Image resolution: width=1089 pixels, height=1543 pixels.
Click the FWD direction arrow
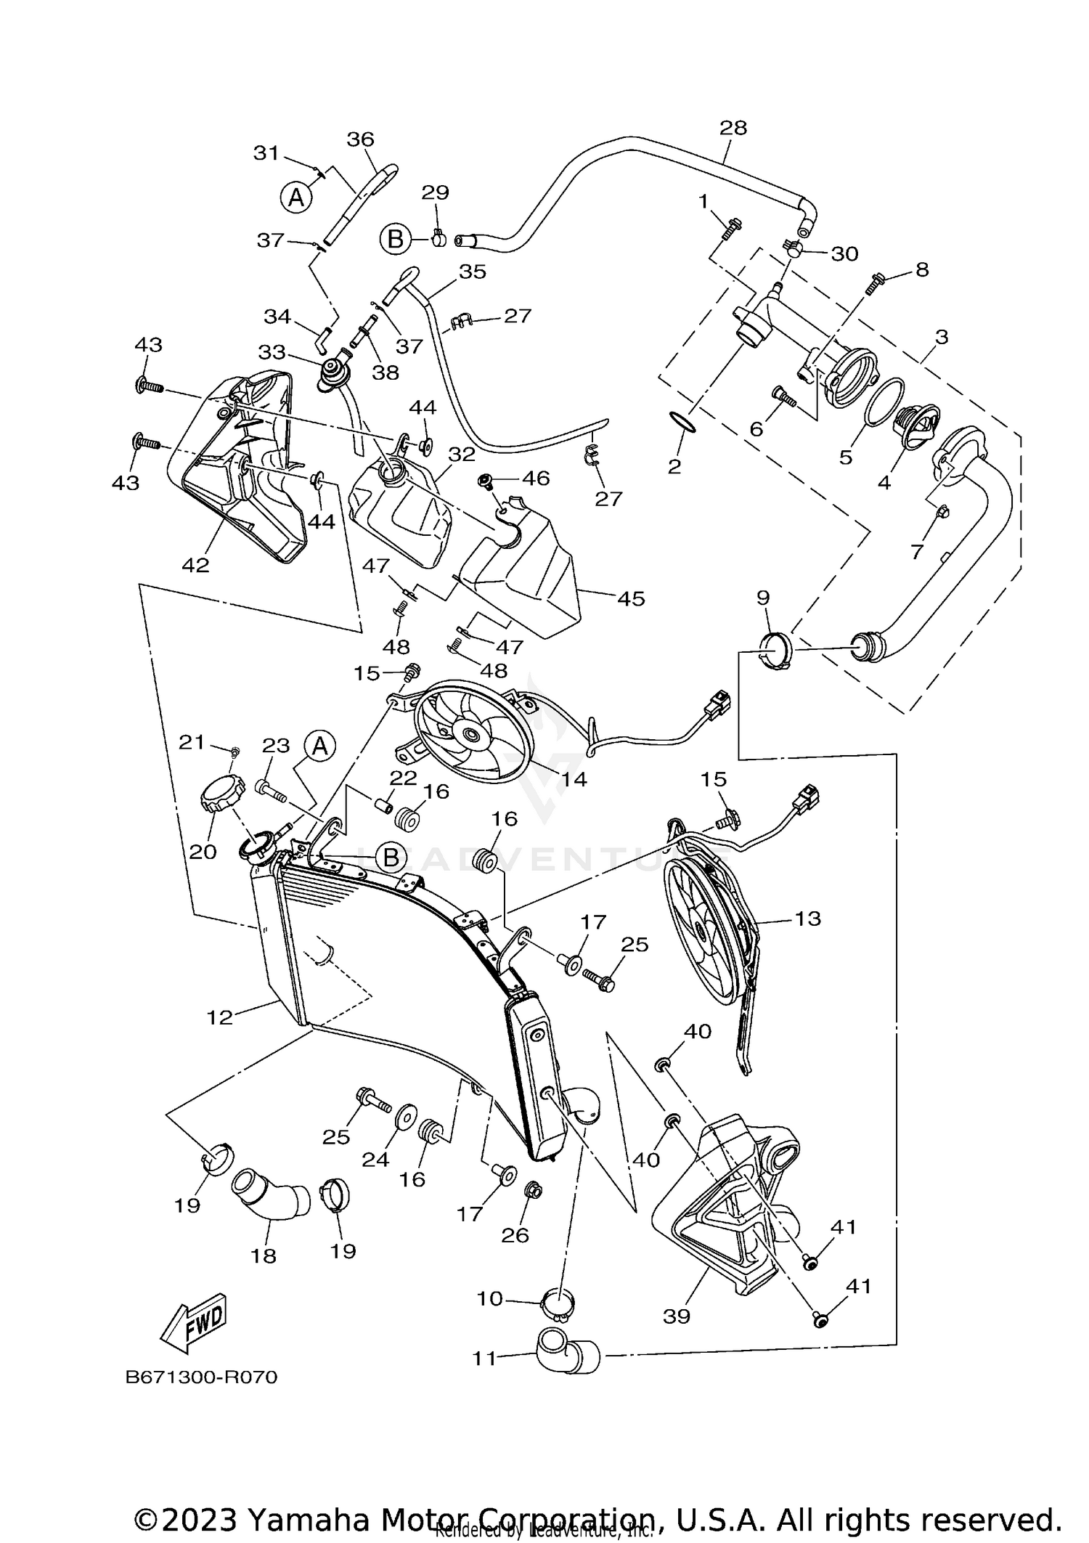pyautogui.click(x=194, y=1322)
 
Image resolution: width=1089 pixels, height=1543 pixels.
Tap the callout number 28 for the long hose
pyautogui.click(x=733, y=128)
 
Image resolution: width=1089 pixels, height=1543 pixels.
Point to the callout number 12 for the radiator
pyautogui.click(x=219, y=1017)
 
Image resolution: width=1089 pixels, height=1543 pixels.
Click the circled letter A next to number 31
pyautogui.click(x=296, y=197)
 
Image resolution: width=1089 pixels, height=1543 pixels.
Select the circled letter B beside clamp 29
pyautogui.click(x=396, y=239)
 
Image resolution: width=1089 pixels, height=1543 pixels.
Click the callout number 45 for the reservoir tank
pyautogui.click(x=630, y=598)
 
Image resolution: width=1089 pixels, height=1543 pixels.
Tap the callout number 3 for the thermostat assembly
pyautogui.click(x=942, y=337)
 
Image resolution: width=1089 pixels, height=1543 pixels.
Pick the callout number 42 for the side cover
pyautogui.click(x=195, y=564)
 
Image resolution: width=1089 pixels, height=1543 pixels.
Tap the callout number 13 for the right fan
pyautogui.click(x=807, y=919)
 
